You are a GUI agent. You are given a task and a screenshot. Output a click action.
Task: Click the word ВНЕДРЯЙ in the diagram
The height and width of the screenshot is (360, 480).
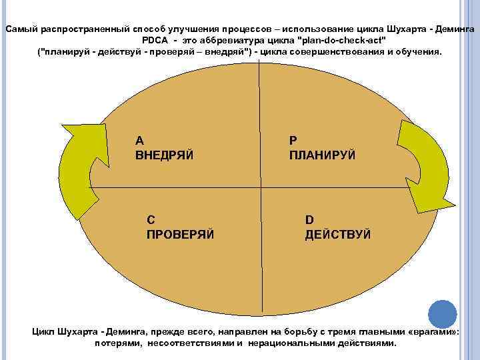pos(164,155)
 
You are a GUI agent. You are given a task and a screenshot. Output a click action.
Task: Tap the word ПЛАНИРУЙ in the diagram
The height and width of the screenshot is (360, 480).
pos(322,155)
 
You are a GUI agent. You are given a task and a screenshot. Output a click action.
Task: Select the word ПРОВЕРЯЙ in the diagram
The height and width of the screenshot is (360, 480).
pos(179,234)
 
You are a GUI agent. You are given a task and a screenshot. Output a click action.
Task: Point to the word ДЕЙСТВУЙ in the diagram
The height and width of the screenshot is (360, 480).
pos(338,234)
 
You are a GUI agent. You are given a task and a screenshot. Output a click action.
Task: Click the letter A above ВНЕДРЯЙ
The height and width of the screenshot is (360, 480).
pos(139,140)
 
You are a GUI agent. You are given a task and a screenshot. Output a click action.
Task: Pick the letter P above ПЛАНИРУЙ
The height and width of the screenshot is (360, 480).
pos(293,140)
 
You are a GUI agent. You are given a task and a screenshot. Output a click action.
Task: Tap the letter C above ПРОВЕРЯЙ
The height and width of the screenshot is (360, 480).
pos(150,219)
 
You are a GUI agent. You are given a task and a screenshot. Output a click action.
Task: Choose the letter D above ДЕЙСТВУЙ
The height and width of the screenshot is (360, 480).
pos(309,219)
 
